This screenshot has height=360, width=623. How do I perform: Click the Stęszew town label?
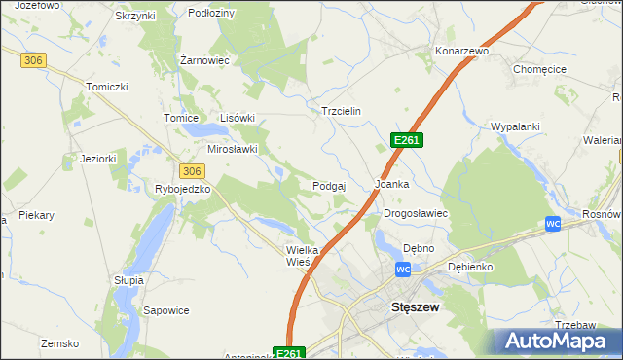click(x=416, y=306)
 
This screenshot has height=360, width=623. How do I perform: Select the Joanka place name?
click(x=391, y=183)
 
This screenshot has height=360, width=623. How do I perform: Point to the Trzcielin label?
click(x=342, y=111)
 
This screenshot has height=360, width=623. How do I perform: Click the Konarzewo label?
click(x=461, y=50)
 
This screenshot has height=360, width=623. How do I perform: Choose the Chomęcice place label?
click(x=540, y=69)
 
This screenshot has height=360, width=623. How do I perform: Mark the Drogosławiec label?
click(x=415, y=212)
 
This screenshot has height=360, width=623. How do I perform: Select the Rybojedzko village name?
click(x=183, y=189)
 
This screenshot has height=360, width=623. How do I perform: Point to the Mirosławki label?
click(x=232, y=149)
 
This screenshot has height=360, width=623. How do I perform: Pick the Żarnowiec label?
click(x=204, y=60)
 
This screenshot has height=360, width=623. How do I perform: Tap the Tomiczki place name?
click(x=107, y=87)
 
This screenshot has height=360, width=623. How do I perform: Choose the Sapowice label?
click(x=165, y=311)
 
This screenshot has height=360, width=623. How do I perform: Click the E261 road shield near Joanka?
click(x=406, y=141)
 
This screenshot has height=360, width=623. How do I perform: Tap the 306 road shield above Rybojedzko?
click(x=191, y=170)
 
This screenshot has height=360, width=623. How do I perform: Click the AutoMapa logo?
click(x=556, y=341)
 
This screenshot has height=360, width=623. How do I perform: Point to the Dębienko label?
click(x=470, y=266)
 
